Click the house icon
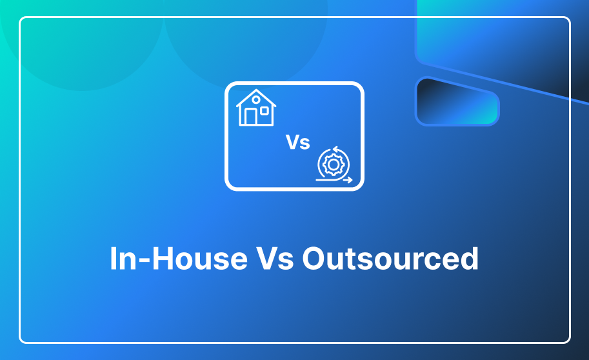point(256,108)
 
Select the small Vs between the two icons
point(298,143)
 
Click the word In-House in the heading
point(179,259)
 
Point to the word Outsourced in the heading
point(390,259)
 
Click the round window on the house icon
point(256,100)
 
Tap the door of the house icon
point(250,117)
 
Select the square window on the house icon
point(265,111)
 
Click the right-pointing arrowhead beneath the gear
point(350,180)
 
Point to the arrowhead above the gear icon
point(335,150)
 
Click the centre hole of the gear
point(334,165)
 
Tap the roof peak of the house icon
point(256,90)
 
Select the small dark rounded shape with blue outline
point(457,101)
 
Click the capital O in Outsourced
point(315,259)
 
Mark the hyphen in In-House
point(145,261)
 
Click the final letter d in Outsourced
point(470,258)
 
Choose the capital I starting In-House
point(113,259)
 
